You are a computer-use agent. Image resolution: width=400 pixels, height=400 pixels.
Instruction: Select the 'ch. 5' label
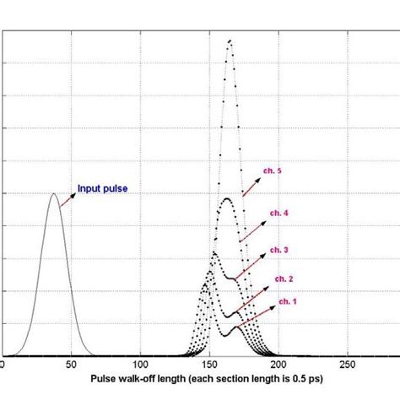(273, 171)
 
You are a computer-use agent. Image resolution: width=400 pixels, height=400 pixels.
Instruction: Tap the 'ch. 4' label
(279, 214)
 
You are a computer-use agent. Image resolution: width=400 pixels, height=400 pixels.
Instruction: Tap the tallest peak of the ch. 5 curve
(229, 41)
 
